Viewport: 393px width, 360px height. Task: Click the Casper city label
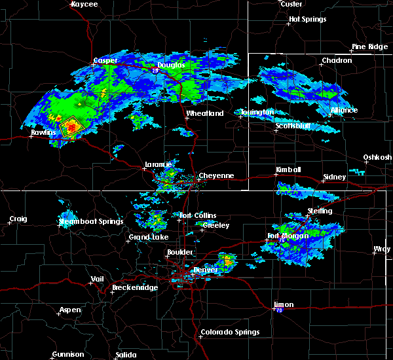[x=105, y=60]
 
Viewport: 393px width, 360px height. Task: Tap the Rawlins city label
[x=43, y=132]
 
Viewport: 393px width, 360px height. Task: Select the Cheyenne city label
[x=215, y=175]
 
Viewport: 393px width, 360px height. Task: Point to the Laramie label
[x=157, y=165]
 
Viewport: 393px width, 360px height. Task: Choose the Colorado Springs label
[x=229, y=332]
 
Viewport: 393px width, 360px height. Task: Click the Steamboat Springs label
[x=91, y=221]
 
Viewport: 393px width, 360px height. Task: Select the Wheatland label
[x=204, y=113]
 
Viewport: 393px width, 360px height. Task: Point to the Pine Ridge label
[x=369, y=46]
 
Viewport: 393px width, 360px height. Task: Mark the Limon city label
[x=284, y=305]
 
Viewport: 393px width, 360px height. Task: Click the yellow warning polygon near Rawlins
[x=70, y=126]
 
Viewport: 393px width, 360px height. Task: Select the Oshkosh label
[x=378, y=157]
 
